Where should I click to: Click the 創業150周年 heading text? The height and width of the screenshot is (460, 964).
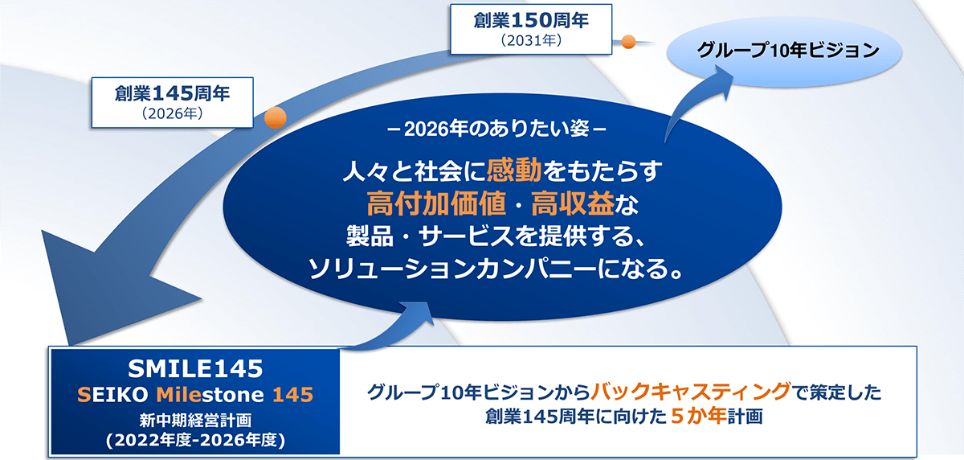(x=531, y=20)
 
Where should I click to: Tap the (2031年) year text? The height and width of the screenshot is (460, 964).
(x=531, y=40)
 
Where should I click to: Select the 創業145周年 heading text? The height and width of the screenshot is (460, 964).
(x=172, y=93)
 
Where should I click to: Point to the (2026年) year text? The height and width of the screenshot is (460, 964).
(x=172, y=113)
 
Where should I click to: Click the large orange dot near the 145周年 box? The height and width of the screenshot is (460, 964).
(x=276, y=117)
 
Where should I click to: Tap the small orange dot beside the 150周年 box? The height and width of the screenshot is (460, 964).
(x=628, y=42)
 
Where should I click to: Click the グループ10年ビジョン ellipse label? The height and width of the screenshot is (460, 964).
(x=787, y=50)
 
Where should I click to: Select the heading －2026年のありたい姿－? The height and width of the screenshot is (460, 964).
(x=496, y=129)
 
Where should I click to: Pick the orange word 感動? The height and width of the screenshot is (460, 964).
(x=514, y=170)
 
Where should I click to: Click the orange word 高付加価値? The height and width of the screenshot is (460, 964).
(x=436, y=203)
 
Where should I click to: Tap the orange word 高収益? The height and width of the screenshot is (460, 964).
(x=573, y=203)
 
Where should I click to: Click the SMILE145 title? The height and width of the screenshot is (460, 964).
(x=195, y=368)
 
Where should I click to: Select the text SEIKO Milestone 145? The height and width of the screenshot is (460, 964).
(x=195, y=395)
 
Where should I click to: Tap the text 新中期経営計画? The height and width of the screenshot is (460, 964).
(x=195, y=420)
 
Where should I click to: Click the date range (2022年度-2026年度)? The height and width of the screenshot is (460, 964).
(x=195, y=440)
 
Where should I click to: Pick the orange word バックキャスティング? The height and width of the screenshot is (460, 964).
(x=691, y=392)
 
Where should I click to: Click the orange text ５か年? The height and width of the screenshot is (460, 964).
(x=698, y=416)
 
